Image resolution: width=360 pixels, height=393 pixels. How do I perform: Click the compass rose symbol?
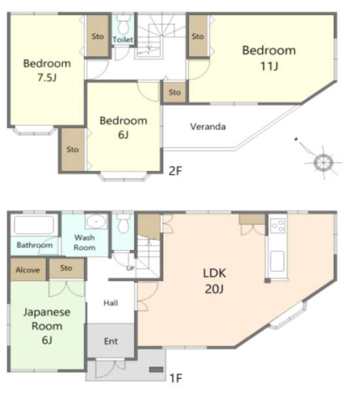pos(323,162)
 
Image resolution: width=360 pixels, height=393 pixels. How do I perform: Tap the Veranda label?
pos(207,126)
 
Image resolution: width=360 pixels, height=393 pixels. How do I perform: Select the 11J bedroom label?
pos(269,58)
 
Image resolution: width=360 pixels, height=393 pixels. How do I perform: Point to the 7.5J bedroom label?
pos(47,71)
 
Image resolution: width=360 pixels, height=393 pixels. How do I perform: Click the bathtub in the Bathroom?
pos(34,225)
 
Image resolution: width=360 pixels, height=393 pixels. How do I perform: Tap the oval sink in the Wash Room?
pos(96,221)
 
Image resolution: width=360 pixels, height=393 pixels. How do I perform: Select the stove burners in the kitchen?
pos(278,225)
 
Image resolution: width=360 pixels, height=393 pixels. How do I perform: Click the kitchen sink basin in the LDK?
pos(278,261)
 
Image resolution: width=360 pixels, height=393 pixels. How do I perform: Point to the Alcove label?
pos(27,270)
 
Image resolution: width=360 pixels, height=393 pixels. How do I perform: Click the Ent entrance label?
pos(111,341)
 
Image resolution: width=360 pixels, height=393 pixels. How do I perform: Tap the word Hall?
pos(111,303)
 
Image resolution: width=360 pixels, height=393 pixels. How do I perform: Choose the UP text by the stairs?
pos(130,269)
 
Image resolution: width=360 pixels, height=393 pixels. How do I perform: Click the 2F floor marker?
pos(175,171)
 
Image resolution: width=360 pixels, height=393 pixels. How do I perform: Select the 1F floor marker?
pos(175,379)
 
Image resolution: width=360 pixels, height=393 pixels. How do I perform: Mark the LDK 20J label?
pos(214,281)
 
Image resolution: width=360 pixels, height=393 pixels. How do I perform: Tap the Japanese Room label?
pos(47,326)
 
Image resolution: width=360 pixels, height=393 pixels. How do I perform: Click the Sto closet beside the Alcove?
pos(66,268)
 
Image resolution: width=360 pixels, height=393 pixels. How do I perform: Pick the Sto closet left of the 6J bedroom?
pos(73,149)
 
